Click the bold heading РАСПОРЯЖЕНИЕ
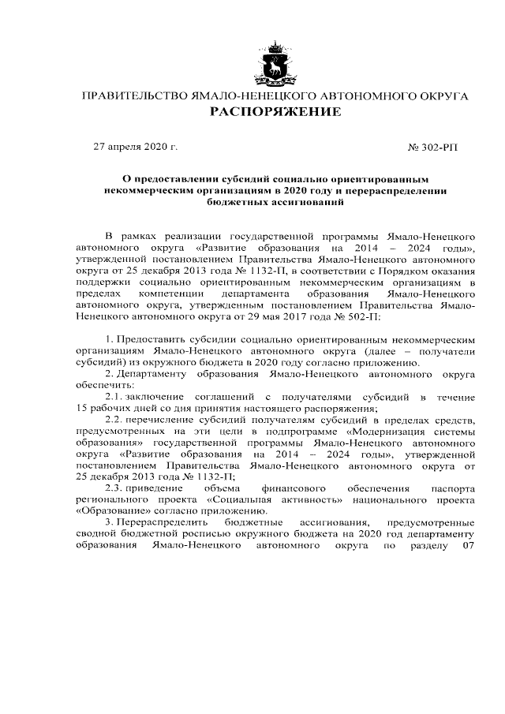(x=275, y=112)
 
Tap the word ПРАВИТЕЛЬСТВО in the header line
(x=130, y=96)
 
